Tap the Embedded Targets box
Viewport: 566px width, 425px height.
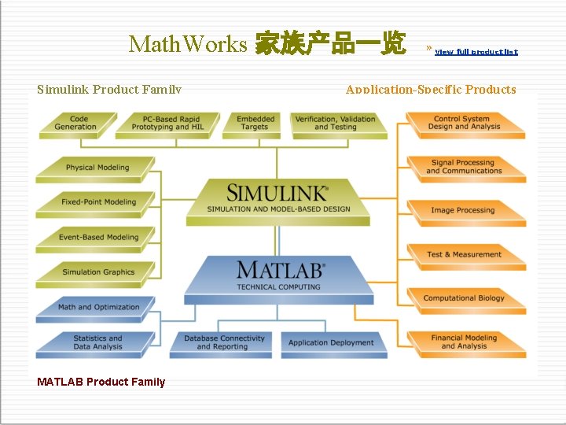(x=255, y=124)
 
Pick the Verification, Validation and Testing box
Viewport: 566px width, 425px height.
(x=336, y=124)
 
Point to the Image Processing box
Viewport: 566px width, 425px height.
(x=463, y=211)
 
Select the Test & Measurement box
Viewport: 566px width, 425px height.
(x=464, y=255)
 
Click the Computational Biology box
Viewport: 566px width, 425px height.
(x=464, y=298)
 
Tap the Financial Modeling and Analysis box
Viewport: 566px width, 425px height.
(x=464, y=342)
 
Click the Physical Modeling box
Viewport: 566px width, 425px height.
(x=97, y=168)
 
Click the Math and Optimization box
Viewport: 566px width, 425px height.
(x=98, y=308)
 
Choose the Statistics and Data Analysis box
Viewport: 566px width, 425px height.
(x=97, y=342)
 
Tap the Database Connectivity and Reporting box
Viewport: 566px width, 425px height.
(x=224, y=342)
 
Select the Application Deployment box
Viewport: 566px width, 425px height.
(x=331, y=342)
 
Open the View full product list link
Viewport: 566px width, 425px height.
(x=476, y=52)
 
